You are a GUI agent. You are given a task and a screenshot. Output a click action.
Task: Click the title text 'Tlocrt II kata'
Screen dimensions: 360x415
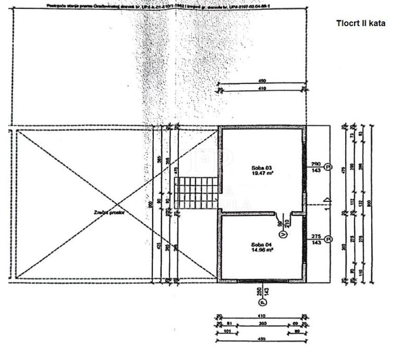click(x=361, y=23)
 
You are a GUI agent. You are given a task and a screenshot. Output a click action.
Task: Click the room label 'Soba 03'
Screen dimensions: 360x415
click(x=262, y=168)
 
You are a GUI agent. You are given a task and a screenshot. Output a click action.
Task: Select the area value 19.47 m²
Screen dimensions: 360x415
click(x=262, y=175)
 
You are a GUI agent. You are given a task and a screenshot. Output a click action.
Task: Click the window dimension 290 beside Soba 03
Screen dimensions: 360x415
click(x=315, y=164)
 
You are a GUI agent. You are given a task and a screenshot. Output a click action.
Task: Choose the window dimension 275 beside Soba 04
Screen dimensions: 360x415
click(x=315, y=236)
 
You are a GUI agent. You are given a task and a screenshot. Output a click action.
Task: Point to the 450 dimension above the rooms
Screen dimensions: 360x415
click(x=262, y=81)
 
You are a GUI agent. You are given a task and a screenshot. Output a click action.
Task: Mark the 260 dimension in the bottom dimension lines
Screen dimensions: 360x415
click(x=262, y=323)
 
